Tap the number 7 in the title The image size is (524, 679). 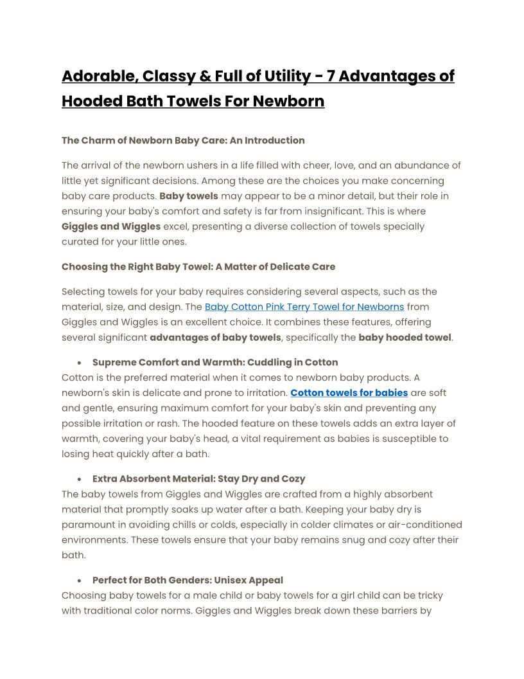click(331, 77)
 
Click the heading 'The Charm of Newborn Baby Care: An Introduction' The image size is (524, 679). click(183, 140)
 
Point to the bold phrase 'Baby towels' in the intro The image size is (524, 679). click(189, 196)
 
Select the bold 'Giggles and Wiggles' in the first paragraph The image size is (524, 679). click(111, 226)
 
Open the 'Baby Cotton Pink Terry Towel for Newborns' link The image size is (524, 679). click(304, 307)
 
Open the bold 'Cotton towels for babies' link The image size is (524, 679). click(349, 392)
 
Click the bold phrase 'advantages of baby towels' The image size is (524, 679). click(215, 337)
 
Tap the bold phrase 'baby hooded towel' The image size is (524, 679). click(405, 337)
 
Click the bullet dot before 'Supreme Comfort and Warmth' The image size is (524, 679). click(78, 363)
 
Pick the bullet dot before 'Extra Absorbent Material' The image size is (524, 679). click(78, 479)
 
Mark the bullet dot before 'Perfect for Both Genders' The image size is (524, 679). click(78, 581)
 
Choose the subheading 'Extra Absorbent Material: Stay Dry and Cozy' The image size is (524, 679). click(198, 479)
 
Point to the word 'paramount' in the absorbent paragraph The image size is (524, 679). click(89, 525)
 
